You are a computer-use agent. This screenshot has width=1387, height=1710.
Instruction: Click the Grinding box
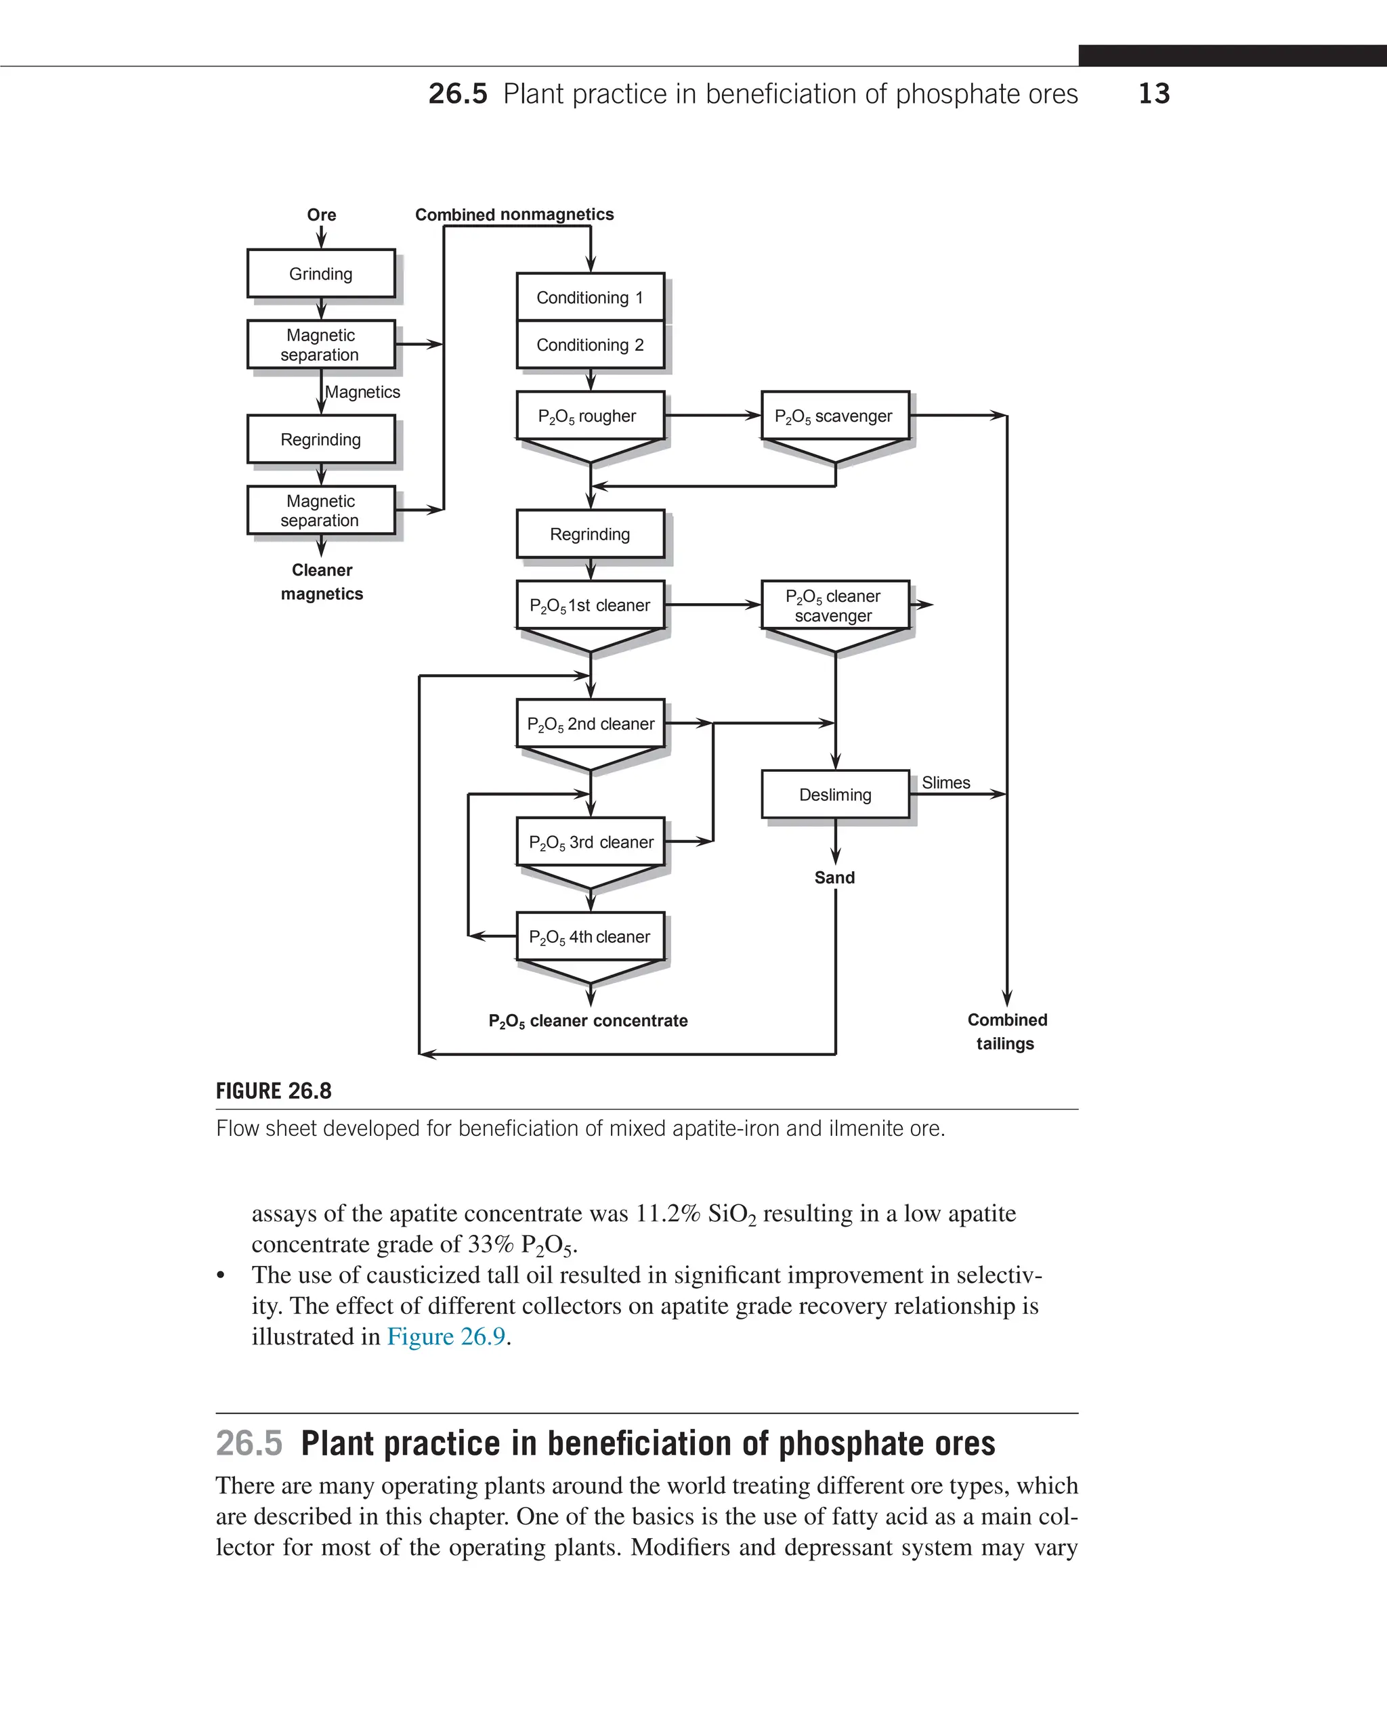coord(320,274)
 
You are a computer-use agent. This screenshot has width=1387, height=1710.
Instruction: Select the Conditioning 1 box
coord(590,297)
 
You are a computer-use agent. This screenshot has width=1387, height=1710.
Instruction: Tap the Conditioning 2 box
coord(590,345)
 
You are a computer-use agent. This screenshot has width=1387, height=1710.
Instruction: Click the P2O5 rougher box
coord(590,416)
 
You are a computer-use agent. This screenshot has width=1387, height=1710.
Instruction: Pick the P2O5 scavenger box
coord(834,416)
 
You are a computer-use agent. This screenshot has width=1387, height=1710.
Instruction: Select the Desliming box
coord(835,795)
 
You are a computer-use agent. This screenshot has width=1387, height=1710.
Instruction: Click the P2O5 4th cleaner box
coord(590,937)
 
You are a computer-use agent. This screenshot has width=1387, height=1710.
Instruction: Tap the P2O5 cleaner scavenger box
coord(834,605)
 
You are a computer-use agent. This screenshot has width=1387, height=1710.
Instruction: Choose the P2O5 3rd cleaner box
coord(590,842)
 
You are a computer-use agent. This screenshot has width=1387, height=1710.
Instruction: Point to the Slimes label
coord(946,783)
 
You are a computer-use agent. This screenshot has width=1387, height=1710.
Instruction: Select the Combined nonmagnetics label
coord(515,214)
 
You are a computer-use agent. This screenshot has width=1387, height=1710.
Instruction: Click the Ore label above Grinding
coord(321,215)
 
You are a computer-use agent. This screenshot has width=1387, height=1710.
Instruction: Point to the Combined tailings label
coord(1006,1031)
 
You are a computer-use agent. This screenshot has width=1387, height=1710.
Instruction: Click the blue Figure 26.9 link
coord(446,1336)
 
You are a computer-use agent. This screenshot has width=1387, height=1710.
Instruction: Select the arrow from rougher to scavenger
coord(712,416)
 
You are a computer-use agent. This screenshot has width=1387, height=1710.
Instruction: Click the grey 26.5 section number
coord(249,1443)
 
